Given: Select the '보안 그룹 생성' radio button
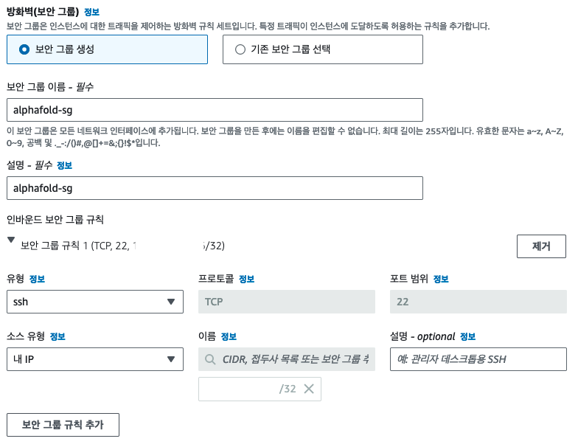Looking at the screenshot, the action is [24, 49].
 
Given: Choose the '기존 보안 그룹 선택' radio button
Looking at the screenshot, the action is [240, 49].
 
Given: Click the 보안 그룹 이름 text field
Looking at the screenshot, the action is [214, 110].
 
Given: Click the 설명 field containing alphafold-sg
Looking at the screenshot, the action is [214, 188].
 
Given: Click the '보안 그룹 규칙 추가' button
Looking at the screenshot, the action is [63, 424].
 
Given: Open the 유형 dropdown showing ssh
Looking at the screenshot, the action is [94, 302].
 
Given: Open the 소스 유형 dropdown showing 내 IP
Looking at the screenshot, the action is [94, 359].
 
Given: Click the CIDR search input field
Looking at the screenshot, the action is [295, 359].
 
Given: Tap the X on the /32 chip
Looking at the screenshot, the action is [309, 389].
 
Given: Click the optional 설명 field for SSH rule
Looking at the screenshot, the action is [478, 359].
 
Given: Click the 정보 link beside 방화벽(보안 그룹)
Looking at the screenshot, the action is [91, 13].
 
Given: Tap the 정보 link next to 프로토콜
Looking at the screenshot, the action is [247, 279].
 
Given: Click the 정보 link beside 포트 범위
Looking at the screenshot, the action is [441, 279].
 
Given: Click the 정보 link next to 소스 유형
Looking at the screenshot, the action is [58, 336].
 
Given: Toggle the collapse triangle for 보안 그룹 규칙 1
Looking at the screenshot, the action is [11, 240].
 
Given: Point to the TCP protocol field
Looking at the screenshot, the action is [287, 302].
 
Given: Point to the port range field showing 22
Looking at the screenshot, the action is [478, 302].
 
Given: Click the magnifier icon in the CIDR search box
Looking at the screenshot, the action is [212, 359].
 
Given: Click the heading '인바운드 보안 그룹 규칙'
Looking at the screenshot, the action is [55, 220].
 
